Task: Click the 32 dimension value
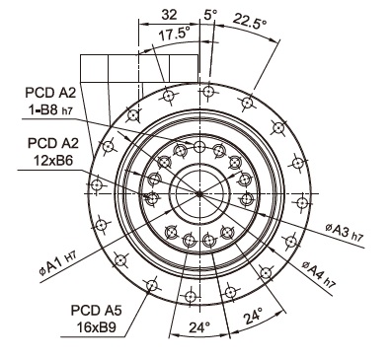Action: [169, 15]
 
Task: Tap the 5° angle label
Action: [211, 15]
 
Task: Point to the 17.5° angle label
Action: [175, 34]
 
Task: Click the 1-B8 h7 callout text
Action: [50, 110]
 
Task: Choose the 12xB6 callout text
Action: [53, 160]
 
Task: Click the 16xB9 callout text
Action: [96, 327]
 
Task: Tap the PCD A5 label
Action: [97, 310]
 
